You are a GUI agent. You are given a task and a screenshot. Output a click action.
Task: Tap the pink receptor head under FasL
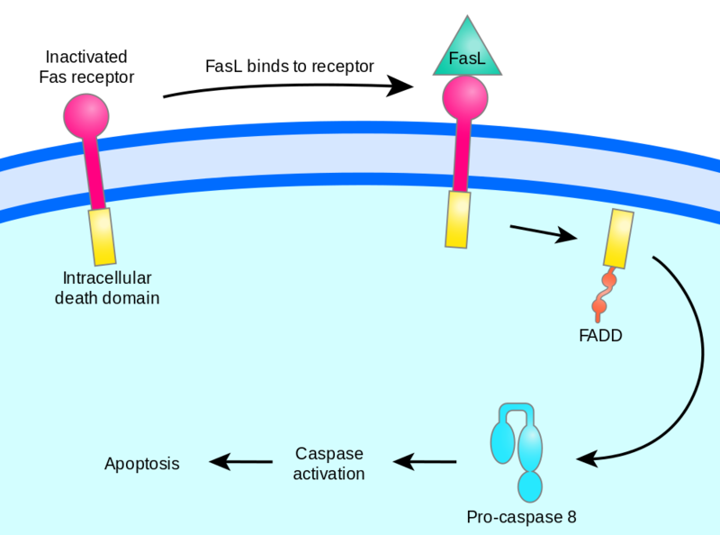click(464, 97)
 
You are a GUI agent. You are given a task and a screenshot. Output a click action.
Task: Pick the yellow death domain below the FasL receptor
click(457, 219)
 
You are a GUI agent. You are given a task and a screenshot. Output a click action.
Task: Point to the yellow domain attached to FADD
click(619, 238)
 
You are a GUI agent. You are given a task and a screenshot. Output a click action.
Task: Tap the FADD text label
click(601, 337)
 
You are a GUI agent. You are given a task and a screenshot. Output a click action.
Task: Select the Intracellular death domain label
click(111, 286)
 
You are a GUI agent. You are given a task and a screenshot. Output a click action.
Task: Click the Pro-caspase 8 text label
click(521, 517)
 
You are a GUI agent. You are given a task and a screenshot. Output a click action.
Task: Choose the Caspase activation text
click(329, 464)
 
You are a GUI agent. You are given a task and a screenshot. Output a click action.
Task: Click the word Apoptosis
click(142, 464)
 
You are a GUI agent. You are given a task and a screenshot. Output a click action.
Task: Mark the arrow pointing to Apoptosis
click(241, 462)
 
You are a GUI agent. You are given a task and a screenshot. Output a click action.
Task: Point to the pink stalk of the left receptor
click(93, 171)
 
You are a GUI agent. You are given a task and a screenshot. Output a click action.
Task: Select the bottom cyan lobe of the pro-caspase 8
click(531, 486)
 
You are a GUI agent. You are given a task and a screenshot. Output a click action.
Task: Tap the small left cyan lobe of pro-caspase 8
click(500, 441)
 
